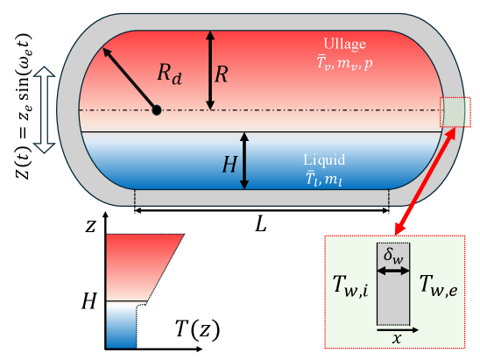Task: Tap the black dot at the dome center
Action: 156,109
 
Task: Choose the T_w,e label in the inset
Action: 437,285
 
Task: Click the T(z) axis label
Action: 196,330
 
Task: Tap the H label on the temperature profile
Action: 88,302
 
